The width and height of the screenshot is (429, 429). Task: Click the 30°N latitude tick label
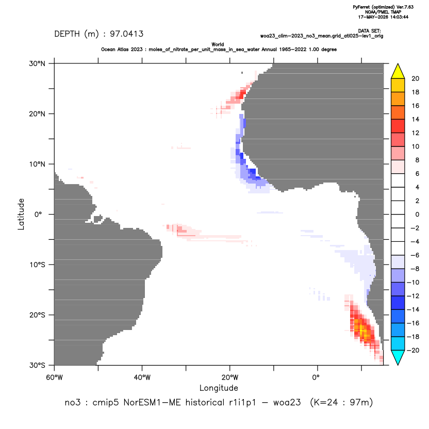click(x=37, y=63)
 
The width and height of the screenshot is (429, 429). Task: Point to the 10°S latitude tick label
click(x=37, y=265)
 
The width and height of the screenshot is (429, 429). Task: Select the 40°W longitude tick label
click(x=142, y=377)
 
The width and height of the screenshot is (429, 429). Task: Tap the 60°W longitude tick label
click(x=54, y=377)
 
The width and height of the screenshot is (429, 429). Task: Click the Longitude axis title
click(x=219, y=388)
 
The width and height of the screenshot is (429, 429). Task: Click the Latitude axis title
click(x=21, y=214)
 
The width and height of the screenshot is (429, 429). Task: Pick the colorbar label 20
click(x=415, y=79)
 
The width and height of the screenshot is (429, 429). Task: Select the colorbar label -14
click(x=414, y=310)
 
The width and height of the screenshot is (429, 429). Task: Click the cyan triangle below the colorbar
click(x=398, y=357)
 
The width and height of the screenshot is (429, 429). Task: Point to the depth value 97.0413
click(x=127, y=34)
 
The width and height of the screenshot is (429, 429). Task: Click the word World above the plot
click(x=218, y=44)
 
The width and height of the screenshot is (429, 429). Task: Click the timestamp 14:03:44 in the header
click(x=397, y=17)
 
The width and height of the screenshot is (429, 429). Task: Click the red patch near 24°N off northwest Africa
click(x=242, y=94)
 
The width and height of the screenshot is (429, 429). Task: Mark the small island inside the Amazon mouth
click(x=97, y=220)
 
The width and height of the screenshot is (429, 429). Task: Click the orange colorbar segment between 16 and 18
click(x=398, y=99)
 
